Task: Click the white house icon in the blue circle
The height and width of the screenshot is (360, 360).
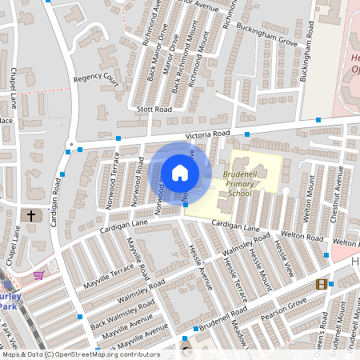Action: coord(179,172)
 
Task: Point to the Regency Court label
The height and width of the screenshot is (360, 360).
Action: coord(96,81)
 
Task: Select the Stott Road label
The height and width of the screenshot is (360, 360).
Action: coord(154,109)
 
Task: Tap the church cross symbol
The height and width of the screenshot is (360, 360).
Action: coord(32,215)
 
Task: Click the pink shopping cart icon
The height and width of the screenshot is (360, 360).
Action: coord(38,275)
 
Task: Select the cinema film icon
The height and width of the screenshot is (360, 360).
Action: coord(322,284)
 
